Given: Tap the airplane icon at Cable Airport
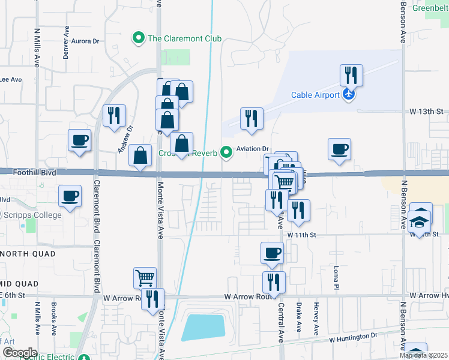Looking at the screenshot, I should (348, 94).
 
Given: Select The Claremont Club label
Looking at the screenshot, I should (185, 39).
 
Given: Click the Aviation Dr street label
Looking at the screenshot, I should (254, 149).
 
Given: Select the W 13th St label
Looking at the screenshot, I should (426, 112).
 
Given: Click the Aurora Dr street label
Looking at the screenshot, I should (85, 41).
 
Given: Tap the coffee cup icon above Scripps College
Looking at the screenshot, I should (70, 196).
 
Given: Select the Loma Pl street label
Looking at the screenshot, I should (337, 275).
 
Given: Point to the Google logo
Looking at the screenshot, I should (20, 353).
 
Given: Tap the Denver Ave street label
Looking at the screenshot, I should (66, 42).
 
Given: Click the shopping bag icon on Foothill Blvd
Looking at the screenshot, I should (140, 156).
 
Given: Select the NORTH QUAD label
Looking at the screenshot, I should (28, 254).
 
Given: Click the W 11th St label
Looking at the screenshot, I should (301, 235).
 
